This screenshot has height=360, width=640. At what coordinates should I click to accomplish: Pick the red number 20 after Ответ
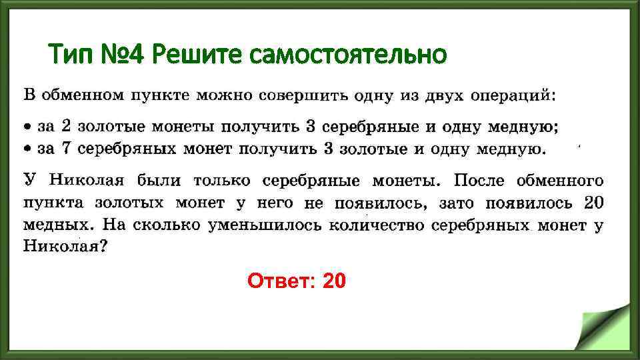pyautogui.click(x=334, y=282)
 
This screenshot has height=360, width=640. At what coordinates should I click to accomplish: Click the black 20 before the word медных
pyautogui.click(x=593, y=202)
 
